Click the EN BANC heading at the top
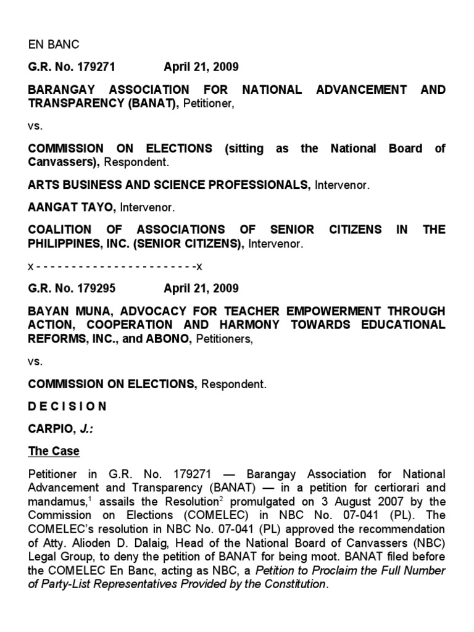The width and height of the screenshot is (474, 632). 54,44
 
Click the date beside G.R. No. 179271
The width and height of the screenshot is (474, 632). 201,67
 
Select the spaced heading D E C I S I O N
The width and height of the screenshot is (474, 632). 67,406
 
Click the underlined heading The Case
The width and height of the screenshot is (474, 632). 54,451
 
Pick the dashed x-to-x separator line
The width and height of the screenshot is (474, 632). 115,266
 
